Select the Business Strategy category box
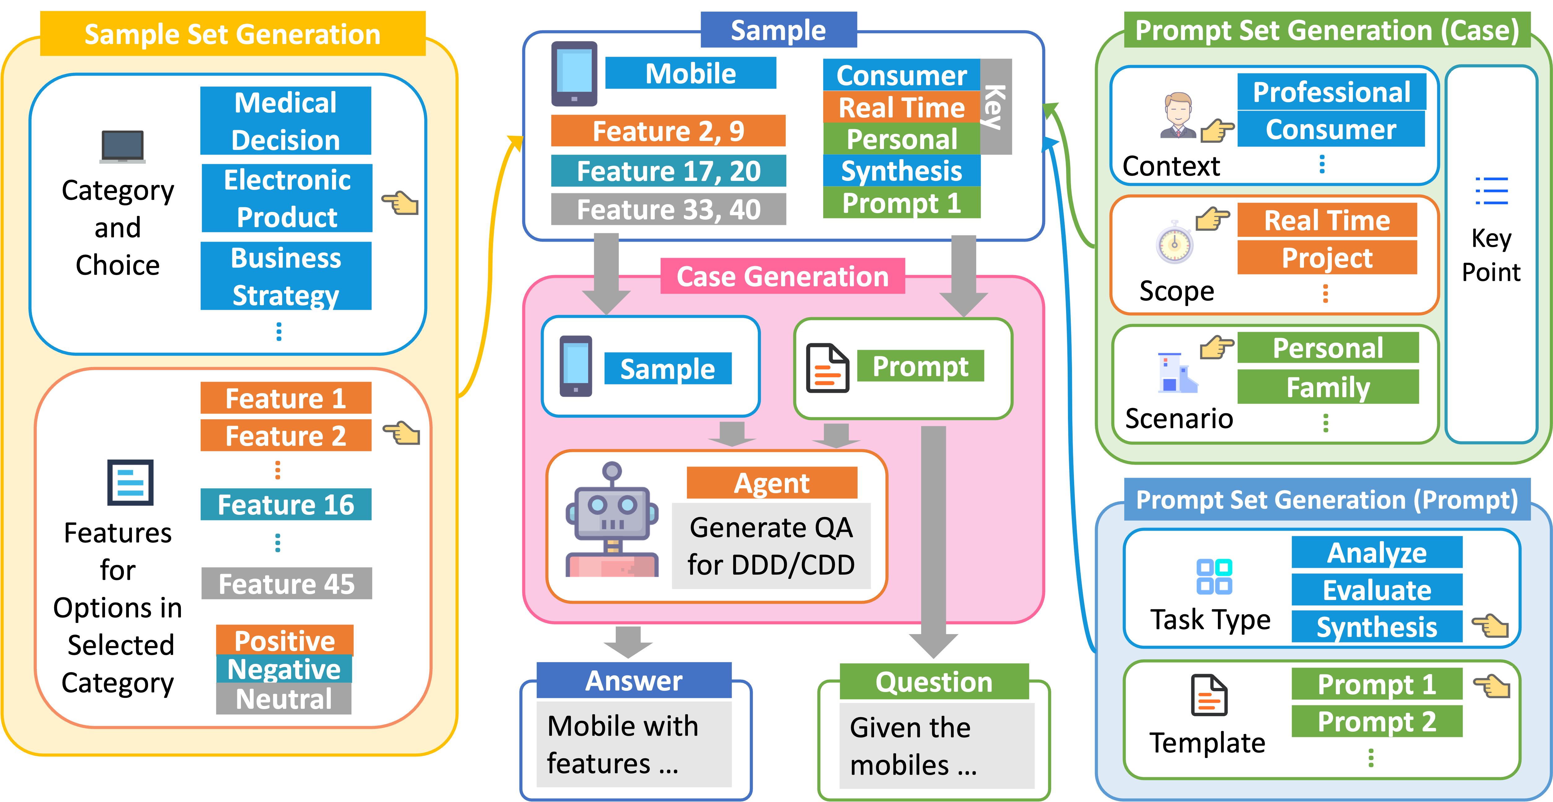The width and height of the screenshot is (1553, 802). coord(286,276)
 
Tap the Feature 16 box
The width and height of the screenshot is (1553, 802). coord(286,504)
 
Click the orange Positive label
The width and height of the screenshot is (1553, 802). coord(285,640)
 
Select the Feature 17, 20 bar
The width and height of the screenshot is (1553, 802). coord(668,171)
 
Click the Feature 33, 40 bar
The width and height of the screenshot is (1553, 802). coord(668,209)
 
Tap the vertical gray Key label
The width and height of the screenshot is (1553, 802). coord(995,106)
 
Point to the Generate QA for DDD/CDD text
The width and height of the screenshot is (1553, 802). coord(771,546)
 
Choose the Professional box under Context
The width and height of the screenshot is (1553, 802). coord(1331,92)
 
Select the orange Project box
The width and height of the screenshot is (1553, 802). coord(1327,257)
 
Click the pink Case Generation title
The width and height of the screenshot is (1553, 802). coord(782,276)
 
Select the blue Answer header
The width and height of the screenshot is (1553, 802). coord(634,680)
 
